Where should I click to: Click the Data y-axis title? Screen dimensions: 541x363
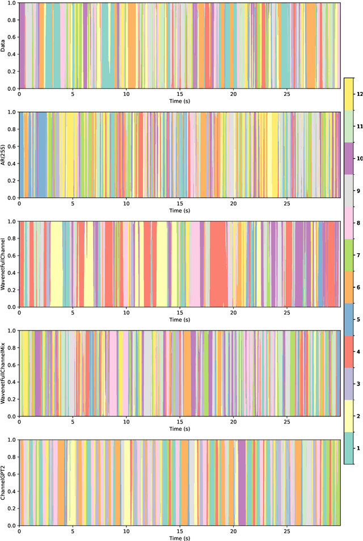tap(4, 46)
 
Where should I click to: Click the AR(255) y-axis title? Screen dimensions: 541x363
tap(4, 155)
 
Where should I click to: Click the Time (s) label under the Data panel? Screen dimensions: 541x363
tap(179, 100)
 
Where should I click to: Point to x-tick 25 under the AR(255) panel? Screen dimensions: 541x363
tap(287, 203)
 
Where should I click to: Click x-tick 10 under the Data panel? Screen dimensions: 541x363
tap(126, 94)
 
